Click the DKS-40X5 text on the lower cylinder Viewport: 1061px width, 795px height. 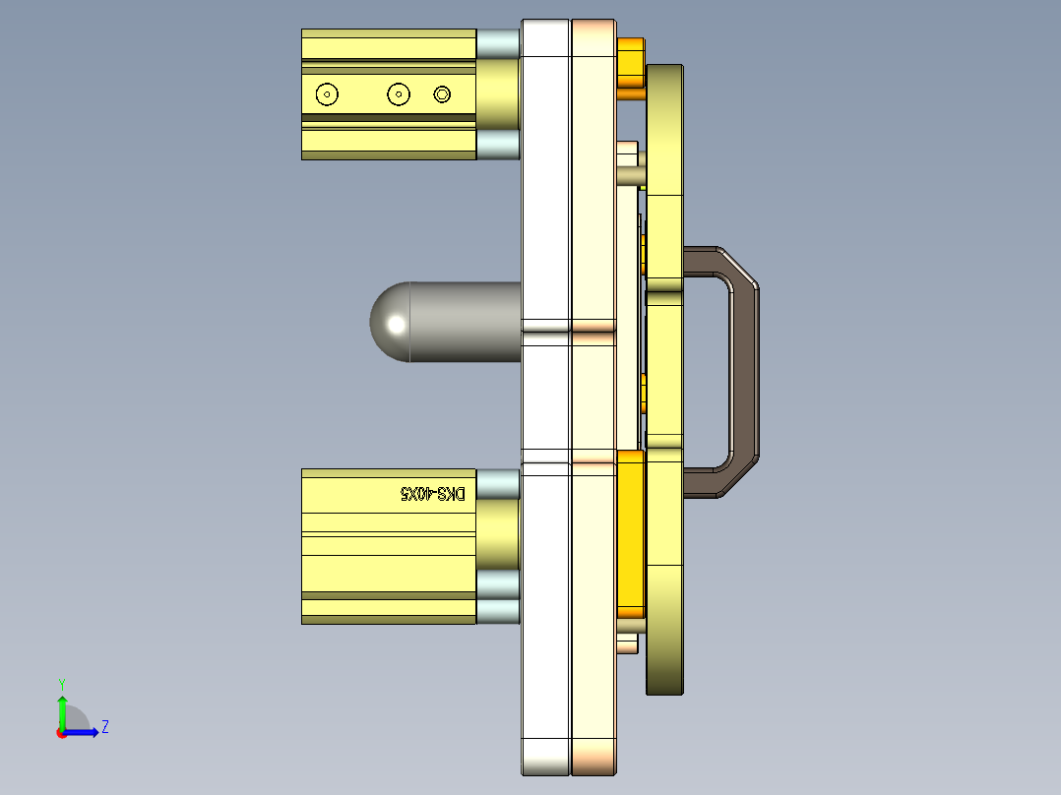tap(432, 493)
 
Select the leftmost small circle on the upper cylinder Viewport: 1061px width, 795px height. tap(327, 94)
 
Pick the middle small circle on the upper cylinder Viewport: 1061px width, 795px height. tap(398, 94)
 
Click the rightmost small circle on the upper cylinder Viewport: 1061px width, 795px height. tap(442, 94)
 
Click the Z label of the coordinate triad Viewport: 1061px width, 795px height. tap(104, 727)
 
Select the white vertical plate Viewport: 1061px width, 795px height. tap(545, 394)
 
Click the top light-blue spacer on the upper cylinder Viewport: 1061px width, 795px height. tap(498, 43)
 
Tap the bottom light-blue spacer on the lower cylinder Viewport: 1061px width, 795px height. tap(498, 611)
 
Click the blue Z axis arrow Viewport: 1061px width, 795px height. tap(85, 731)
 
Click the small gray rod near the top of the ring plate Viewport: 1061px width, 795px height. tap(631, 176)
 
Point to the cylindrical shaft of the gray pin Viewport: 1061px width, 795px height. tap(463, 323)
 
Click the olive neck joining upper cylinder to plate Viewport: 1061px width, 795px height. tap(499, 93)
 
